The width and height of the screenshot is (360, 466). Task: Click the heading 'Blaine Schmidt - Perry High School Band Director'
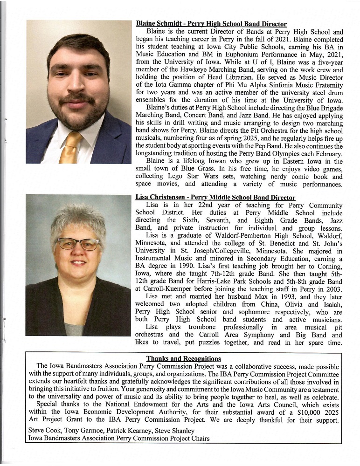coord(211,24)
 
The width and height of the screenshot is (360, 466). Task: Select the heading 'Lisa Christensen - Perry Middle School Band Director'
coord(215,198)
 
